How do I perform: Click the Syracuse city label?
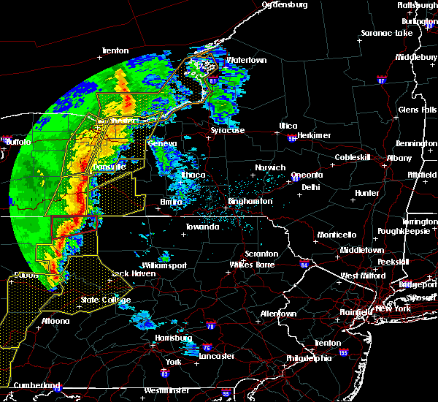(228, 130)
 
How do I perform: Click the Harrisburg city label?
(173, 338)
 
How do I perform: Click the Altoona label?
(55, 321)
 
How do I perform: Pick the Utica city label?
(287, 126)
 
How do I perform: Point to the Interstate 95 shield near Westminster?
(226, 393)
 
